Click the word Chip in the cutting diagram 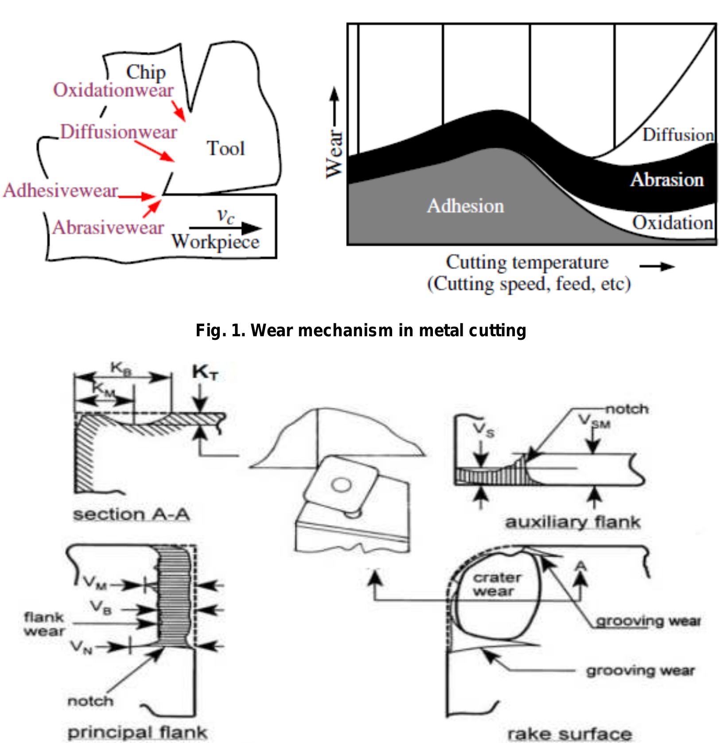pos(146,72)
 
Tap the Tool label pos(226,148)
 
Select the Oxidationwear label pos(113,90)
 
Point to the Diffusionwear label pos(118,132)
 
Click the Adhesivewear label pos(61,191)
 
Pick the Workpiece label pos(215,242)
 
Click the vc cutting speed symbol pos(226,216)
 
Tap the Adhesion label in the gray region pos(465,206)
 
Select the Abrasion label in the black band pos(666,180)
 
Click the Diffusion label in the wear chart pos(678,135)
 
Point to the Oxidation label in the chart pos(672,223)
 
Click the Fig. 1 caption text pos(361,331)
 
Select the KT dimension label pos(205,373)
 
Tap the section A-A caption pos(132,514)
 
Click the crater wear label pos(496,584)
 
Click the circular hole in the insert pos(341,486)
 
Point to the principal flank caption pos(137,732)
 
